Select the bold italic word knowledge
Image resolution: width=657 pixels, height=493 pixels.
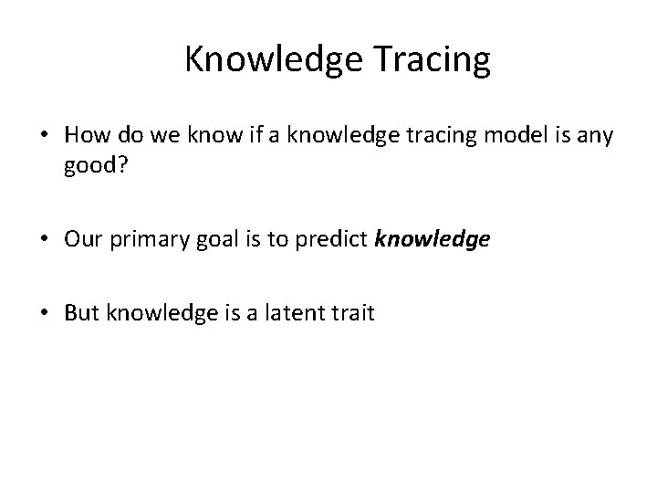click(x=433, y=239)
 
